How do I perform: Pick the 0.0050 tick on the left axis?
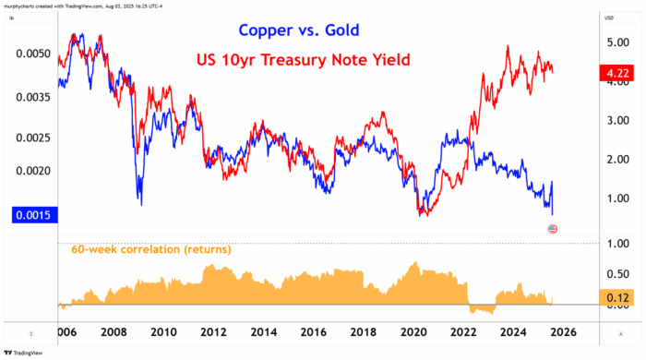(32, 54)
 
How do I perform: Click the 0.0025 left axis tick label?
(32, 138)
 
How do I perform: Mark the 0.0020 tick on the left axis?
(32, 171)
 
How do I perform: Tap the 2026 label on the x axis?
(565, 331)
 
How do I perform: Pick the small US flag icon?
(553, 228)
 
